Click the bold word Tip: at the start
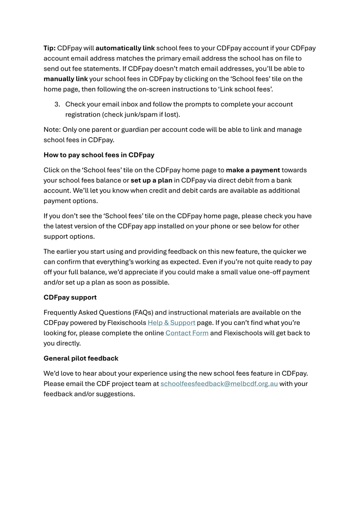(50, 48)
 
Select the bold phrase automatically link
(125, 48)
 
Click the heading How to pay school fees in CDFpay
(99, 155)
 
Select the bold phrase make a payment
(253, 170)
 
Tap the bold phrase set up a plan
(151, 180)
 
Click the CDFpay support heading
(70, 297)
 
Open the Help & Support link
(171, 323)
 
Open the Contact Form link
(187, 333)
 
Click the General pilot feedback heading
(81, 358)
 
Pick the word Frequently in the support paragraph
(60, 313)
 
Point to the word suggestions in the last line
(115, 394)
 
